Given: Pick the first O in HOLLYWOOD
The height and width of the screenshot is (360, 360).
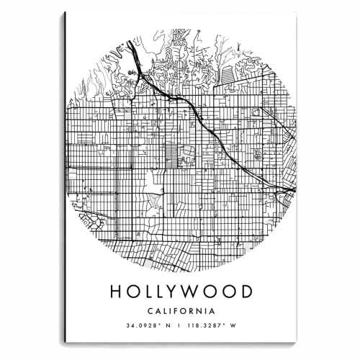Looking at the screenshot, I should [x=136, y=292].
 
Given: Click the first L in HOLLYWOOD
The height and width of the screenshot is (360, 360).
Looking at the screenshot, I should [x=153, y=292].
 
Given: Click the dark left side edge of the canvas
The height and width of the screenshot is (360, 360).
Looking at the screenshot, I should [x=64, y=180].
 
